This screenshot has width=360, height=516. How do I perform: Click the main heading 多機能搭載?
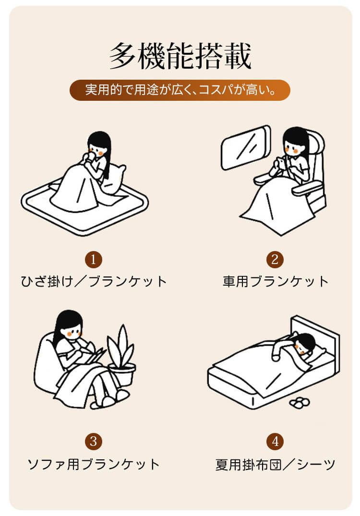180,56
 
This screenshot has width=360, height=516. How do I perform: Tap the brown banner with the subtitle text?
180,90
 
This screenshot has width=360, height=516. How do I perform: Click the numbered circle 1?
94,259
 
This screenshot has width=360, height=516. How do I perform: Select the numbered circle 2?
275,259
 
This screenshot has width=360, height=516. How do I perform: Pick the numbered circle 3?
94,441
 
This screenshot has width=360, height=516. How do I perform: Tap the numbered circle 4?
275,441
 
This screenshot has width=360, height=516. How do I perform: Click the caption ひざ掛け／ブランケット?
94,282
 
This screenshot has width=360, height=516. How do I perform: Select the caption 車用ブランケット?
276,282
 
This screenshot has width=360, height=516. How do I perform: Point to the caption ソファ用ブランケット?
94,464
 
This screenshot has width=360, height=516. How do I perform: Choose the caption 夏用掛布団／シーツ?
275,464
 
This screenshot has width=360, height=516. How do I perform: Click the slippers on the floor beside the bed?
299,402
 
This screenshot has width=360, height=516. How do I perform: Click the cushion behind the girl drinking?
114,180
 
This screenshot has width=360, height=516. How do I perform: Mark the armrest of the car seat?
308,189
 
